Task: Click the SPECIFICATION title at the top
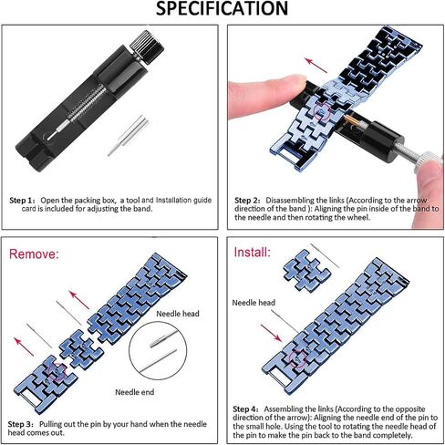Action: click(222, 8)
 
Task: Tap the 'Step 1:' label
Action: click(22, 201)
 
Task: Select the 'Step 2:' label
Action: click(247, 201)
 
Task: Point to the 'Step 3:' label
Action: click(21, 424)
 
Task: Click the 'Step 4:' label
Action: click(245, 409)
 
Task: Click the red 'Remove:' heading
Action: click(34, 254)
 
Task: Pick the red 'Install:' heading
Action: click(252, 253)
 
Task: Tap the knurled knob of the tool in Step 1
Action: click(147, 47)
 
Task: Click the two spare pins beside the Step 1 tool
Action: click(129, 136)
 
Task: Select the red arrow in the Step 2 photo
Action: click(316, 66)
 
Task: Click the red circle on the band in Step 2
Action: click(322, 112)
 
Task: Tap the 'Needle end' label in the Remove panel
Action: click(135, 392)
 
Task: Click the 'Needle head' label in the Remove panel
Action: click(178, 314)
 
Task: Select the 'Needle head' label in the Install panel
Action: click(254, 303)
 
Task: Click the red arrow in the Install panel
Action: click(271, 333)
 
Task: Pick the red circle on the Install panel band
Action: click(297, 358)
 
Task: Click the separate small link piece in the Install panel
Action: click(306, 271)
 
